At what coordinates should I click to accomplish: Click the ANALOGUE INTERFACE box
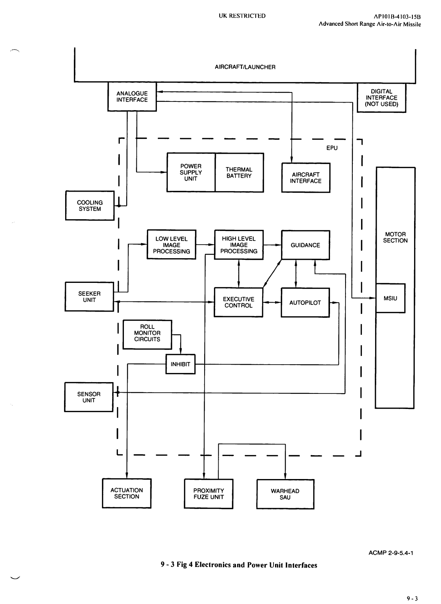point(132,97)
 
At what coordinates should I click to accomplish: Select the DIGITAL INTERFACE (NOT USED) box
point(382,98)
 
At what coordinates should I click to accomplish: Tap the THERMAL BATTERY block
point(239,173)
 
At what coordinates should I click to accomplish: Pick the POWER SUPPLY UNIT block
point(191,173)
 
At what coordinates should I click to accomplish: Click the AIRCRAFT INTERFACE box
point(306,178)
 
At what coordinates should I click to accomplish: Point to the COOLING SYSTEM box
point(90,206)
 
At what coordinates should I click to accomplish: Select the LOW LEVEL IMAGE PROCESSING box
point(171,245)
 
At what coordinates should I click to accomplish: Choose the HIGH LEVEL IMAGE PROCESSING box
point(239,245)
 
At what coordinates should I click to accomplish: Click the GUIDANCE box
point(305,245)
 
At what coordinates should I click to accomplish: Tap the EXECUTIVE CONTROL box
point(238,302)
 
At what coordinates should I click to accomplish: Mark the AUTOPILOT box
point(305,303)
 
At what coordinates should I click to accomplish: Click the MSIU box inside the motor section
point(390,298)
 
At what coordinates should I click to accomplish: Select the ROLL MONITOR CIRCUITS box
point(147,333)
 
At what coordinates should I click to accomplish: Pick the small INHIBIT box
point(180,364)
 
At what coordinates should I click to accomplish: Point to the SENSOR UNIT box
point(89,397)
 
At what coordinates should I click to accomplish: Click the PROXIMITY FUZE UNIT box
point(208,494)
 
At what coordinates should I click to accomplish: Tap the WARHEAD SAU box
point(285,494)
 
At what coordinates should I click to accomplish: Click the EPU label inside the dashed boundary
point(332,148)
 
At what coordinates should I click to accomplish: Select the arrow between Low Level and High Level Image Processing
point(205,245)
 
